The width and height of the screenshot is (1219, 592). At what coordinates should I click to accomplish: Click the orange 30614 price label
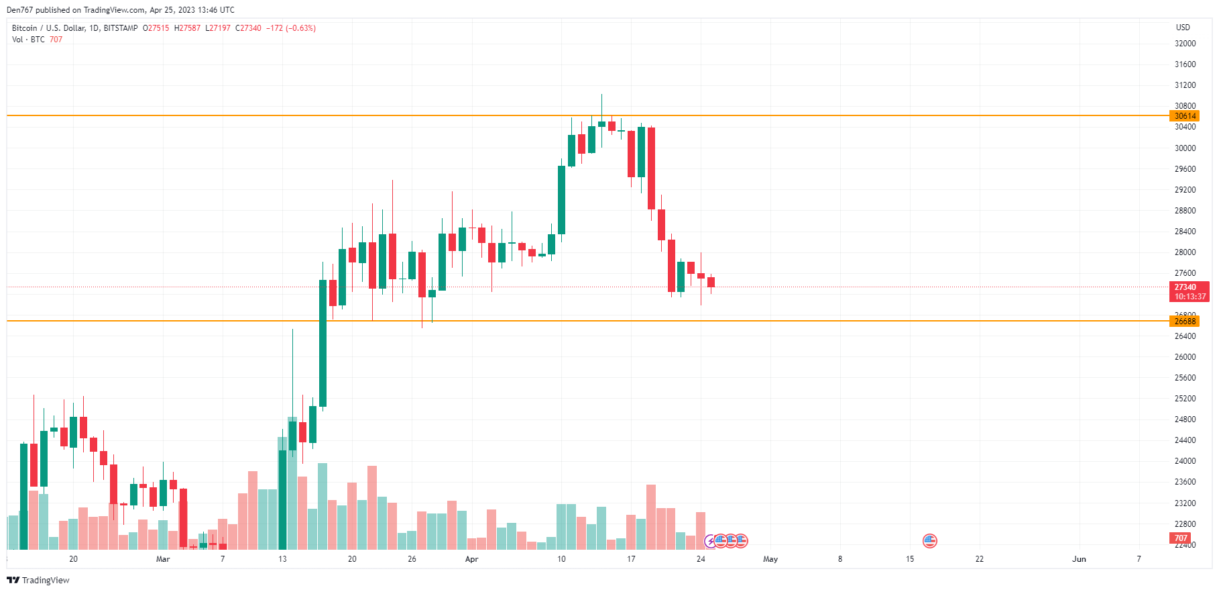pyautogui.click(x=1185, y=116)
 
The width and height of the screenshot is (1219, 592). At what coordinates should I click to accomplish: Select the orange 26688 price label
pyautogui.click(x=1185, y=322)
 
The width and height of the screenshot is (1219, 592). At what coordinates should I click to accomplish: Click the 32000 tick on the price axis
pyautogui.click(x=1185, y=44)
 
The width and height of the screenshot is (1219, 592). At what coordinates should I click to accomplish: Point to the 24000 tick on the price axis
pyautogui.click(x=1185, y=461)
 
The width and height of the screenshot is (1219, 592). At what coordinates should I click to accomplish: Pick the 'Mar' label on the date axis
pyautogui.click(x=163, y=559)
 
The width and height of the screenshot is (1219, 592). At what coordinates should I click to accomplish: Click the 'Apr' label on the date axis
pyautogui.click(x=471, y=559)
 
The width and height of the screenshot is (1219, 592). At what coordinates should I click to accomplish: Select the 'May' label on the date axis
pyautogui.click(x=770, y=559)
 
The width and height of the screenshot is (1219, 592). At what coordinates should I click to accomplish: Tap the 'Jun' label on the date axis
pyautogui.click(x=1079, y=559)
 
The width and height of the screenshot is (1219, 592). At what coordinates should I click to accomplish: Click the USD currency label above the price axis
pyautogui.click(x=1183, y=28)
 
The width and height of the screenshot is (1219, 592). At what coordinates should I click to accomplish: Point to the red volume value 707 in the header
pyautogui.click(x=56, y=40)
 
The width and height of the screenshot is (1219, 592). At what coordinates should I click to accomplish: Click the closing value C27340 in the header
pyautogui.click(x=248, y=28)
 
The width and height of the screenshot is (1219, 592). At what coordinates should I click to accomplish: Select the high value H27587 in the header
pyautogui.click(x=187, y=28)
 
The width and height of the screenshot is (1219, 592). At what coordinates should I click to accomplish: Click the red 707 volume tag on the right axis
pyautogui.click(x=1181, y=538)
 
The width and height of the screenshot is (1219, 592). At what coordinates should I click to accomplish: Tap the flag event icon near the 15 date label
pyautogui.click(x=929, y=540)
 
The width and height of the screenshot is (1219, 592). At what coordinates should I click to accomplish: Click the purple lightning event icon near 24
pyautogui.click(x=710, y=541)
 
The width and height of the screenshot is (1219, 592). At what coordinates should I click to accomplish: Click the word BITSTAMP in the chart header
pyautogui.click(x=121, y=28)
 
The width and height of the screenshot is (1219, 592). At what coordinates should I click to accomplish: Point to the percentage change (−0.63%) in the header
pyautogui.click(x=300, y=28)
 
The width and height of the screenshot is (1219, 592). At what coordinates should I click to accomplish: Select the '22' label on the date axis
pyautogui.click(x=980, y=559)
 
